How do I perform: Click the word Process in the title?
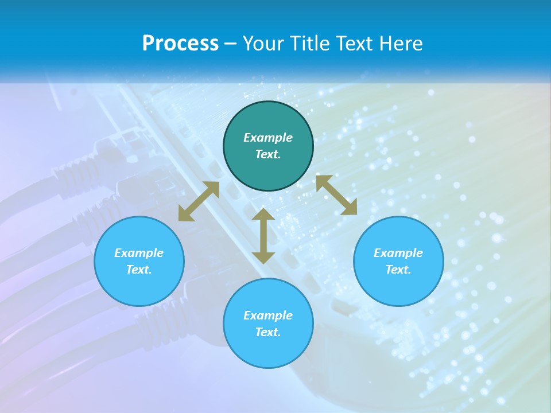[180, 44]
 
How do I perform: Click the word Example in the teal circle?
[268, 138]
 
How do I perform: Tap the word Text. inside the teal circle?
[268, 154]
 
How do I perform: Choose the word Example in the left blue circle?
[139, 253]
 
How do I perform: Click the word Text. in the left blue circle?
[139, 270]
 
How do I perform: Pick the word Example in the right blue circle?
[398, 253]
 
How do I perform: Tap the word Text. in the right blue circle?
[398, 270]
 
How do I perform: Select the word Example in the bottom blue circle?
[268, 315]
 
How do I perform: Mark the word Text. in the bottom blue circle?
[268, 332]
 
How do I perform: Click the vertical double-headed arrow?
[263, 236]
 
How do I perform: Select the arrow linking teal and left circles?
[199, 201]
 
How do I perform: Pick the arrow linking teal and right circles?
[336, 195]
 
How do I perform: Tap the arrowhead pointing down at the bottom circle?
[263, 256]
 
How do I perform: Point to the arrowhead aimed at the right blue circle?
[350, 208]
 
